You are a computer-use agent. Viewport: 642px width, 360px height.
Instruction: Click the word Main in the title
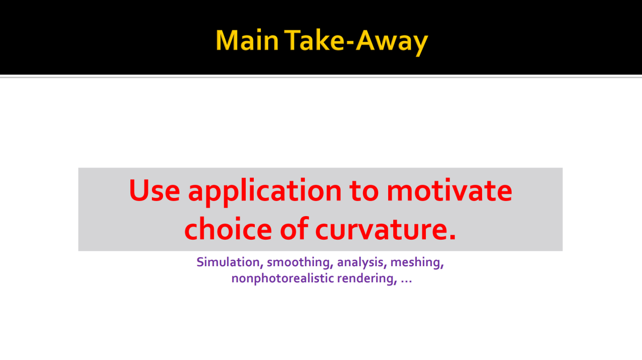pyautogui.click(x=247, y=40)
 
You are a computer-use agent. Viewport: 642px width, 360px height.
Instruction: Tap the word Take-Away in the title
pyautogui.click(x=356, y=42)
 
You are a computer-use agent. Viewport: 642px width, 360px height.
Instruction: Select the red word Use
pyautogui.click(x=154, y=190)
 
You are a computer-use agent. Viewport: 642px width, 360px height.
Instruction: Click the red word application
pyautogui.click(x=265, y=192)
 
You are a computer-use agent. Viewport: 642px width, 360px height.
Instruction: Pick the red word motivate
pyautogui.click(x=449, y=190)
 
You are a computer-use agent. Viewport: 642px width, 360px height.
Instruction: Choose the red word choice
pyautogui.click(x=228, y=229)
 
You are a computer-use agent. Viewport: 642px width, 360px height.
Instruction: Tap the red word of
pyautogui.click(x=294, y=229)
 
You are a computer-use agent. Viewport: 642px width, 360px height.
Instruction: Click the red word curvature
pyautogui.click(x=381, y=229)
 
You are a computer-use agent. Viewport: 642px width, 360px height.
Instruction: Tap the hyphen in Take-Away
pyautogui.click(x=351, y=43)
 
